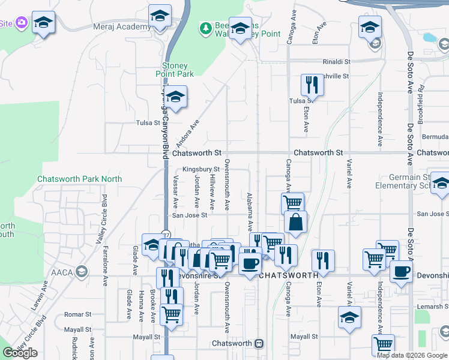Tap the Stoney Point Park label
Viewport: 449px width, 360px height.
[178, 70]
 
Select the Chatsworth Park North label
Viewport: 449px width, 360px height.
[79, 179]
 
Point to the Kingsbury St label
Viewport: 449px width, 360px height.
[201, 170]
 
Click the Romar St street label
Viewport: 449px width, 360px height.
[77, 314]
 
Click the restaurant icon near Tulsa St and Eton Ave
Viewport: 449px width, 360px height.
[312, 85]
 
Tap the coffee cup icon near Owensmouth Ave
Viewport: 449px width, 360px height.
[250, 263]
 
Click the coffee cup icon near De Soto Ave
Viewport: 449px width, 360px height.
[401, 271]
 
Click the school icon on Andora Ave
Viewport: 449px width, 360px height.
[175, 97]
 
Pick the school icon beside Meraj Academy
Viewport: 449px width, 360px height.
[160, 16]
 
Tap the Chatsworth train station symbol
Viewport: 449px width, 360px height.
[259, 344]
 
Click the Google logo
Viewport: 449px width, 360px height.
[20, 353]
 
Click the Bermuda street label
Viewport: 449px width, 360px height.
[435, 137]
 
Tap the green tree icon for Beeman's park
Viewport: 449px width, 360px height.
[206, 28]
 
